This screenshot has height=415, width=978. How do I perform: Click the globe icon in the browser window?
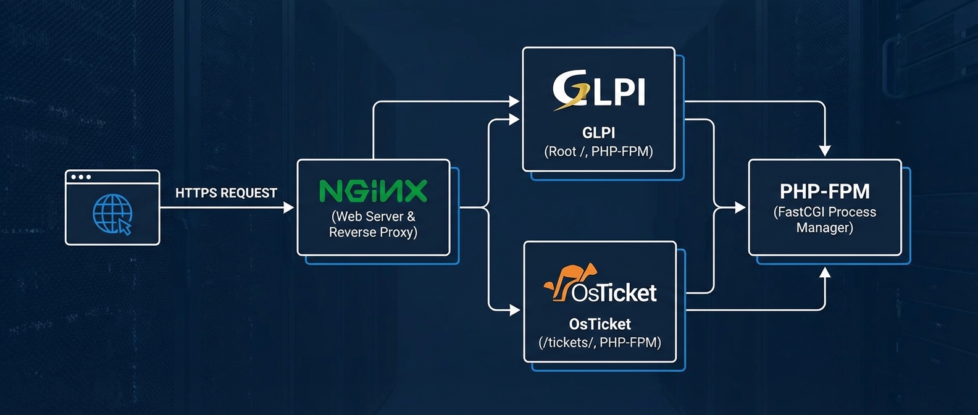tap(111, 213)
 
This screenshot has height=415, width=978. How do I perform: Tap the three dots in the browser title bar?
tap(81, 177)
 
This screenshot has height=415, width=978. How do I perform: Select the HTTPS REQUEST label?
tap(226, 193)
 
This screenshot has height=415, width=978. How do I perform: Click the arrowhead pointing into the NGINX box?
tap(288, 208)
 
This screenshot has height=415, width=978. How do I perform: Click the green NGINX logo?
tap(373, 191)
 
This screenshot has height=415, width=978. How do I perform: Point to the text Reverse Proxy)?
tap(373, 233)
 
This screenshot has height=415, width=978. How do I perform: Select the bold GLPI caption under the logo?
tap(598, 133)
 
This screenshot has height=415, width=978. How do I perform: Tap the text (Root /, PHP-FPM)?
tap(598, 152)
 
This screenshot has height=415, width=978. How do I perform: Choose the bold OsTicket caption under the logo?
tap(600, 324)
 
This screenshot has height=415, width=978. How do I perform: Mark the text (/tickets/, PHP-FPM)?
tap(600, 343)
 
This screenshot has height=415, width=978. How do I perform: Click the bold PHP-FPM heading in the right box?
tap(824, 191)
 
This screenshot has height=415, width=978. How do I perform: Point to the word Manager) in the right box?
tap(824, 228)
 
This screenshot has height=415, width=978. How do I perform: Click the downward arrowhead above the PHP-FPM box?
tap(825, 151)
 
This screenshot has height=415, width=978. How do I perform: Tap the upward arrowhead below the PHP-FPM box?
tap(825, 273)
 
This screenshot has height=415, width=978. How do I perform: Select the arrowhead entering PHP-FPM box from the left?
tap(740, 208)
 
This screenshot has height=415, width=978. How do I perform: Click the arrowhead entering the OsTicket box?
tap(515, 310)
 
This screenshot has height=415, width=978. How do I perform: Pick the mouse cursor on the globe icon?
tap(125, 227)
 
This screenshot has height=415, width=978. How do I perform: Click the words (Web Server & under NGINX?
tap(373, 217)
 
